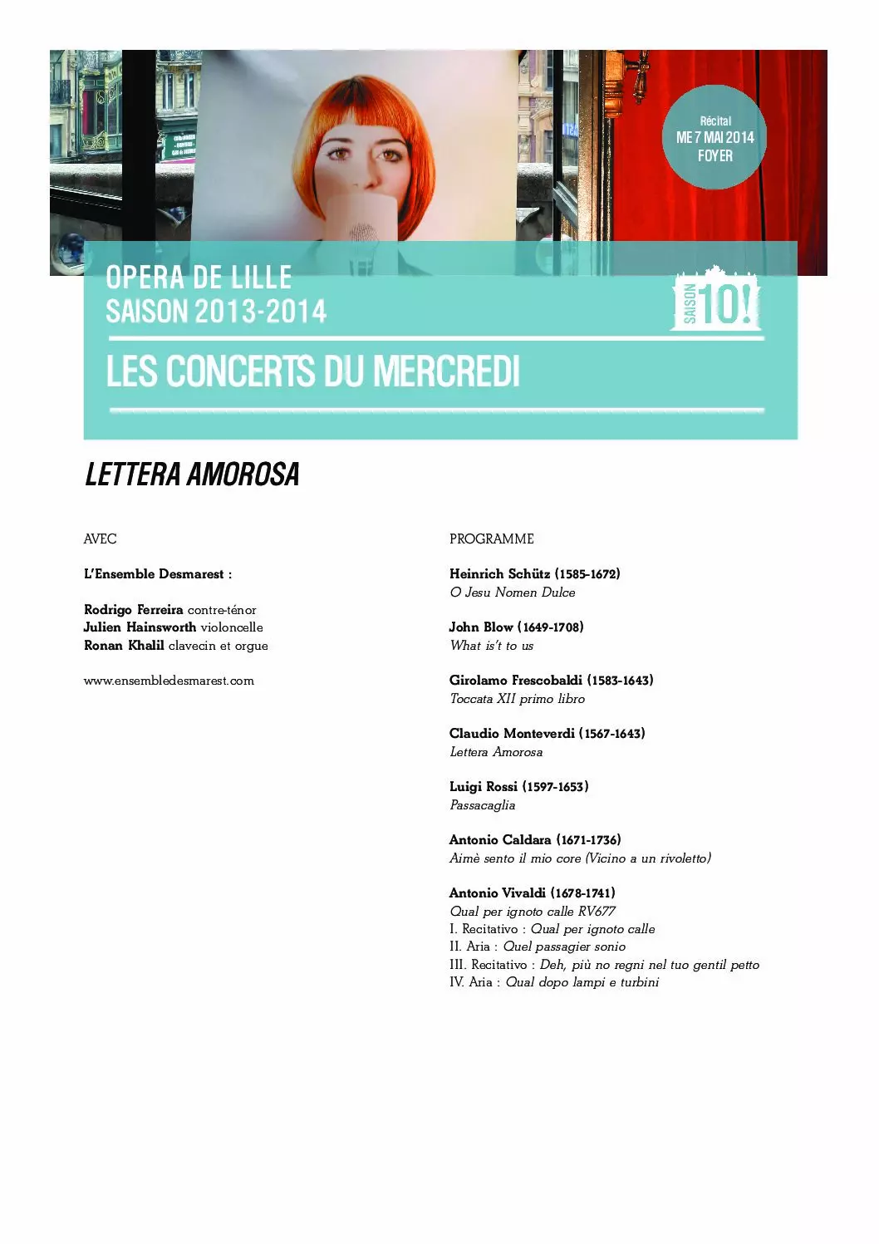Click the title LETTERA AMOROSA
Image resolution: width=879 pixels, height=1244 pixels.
click(192, 474)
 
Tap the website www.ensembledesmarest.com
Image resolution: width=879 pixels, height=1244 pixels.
click(169, 681)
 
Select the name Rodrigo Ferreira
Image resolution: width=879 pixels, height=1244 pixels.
click(134, 610)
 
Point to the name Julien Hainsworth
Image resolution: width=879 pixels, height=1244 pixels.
click(140, 627)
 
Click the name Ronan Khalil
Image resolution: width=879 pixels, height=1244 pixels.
click(124, 646)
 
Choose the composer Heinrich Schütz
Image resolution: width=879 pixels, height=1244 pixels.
click(499, 574)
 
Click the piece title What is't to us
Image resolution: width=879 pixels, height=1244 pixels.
click(492, 646)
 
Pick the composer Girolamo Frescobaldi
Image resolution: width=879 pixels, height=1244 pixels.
click(515, 681)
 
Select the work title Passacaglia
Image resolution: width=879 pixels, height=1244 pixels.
click(483, 805)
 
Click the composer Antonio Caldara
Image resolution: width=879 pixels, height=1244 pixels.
click(500, 840)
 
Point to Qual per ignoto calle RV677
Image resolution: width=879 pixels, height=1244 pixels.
click(533, 912)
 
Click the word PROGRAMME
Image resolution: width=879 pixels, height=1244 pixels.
click(492, 539)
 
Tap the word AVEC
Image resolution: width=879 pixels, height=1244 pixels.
click(101, 539)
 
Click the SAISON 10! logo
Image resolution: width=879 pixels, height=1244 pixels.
click(716, 300)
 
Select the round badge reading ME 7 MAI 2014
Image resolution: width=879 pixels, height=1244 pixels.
click(715, 138)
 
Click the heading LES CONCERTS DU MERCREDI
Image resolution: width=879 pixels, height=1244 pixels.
click(313, 371)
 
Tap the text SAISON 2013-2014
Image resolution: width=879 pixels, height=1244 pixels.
click(216, 312)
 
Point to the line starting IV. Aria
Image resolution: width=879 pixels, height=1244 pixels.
click(554, 982)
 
